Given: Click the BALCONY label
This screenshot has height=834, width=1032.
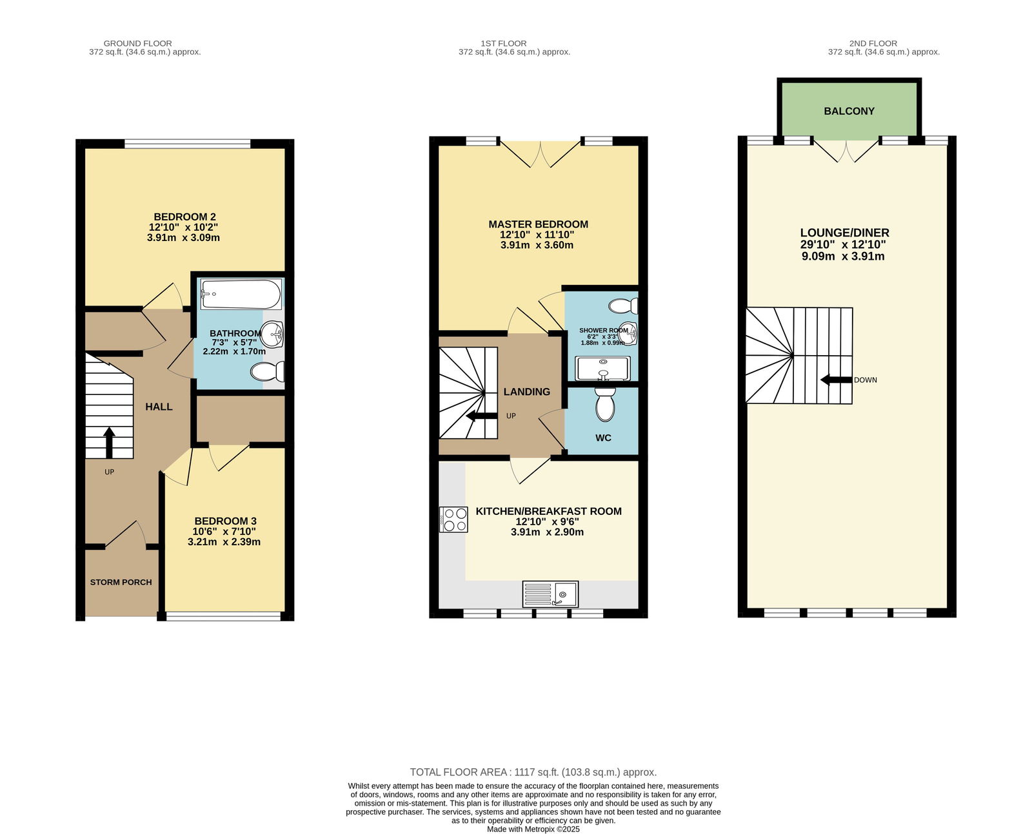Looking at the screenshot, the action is point(849,112).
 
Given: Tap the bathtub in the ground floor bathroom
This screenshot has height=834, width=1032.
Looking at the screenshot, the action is point(241,294).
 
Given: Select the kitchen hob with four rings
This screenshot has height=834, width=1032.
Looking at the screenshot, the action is point(453,519).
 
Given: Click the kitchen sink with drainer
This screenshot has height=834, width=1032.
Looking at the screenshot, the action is point(550,594).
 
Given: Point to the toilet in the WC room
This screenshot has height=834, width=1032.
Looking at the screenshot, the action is point(604,403).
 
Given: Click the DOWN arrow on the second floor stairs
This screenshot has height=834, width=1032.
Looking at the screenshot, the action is point(837,380).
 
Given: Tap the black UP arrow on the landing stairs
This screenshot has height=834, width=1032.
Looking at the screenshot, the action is point(482,416).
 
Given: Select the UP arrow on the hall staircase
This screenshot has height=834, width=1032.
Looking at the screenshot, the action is point(109,442).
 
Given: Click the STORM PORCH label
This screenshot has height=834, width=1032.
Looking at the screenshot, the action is point(121,582).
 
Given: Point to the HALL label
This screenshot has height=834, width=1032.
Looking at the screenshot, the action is point(159,407).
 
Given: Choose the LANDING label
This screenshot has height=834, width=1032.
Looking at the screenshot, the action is point(527,392).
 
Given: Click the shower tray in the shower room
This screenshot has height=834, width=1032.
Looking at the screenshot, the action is point(602,369).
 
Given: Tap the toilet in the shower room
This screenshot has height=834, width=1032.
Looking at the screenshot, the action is point(623,306).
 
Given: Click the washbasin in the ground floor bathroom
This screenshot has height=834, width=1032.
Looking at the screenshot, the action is point(272,334).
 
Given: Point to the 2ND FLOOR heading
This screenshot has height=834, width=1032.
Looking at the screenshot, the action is point(873,43).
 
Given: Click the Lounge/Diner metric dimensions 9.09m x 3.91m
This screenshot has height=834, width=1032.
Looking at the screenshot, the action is point(843,256).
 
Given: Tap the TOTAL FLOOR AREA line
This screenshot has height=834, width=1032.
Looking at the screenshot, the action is point(533,772).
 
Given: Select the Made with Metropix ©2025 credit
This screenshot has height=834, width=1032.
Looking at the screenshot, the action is point(533,829).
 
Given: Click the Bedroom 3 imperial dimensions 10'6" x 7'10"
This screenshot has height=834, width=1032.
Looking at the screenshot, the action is point(224,532).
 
